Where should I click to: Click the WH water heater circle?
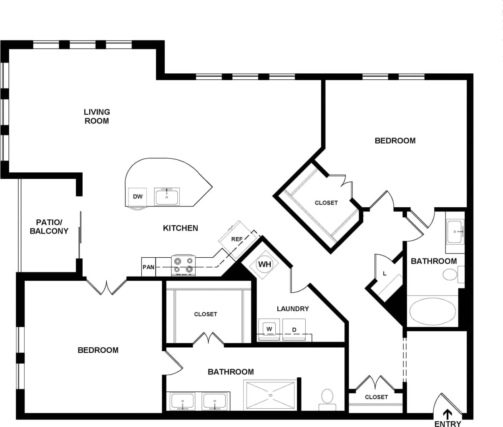click(264, 264)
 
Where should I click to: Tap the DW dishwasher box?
click(138, 196)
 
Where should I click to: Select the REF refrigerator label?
click(237, 239)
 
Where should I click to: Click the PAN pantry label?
click(148, 267)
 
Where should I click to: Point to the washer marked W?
click(269, 329)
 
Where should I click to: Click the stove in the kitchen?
click(184, 265)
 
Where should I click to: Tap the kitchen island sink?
click(167, 196)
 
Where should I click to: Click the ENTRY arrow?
click(448, 414)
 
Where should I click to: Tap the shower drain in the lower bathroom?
click(271, 394)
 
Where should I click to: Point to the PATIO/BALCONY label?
click(49, 226)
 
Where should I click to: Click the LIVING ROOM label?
click(97, 116)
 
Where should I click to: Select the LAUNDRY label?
click(293, 309)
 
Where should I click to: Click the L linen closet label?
click(385, 274)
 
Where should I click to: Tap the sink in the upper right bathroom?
click(455, 231)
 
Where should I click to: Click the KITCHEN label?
click(180, 228)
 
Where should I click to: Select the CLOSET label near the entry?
click(376, 397)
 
